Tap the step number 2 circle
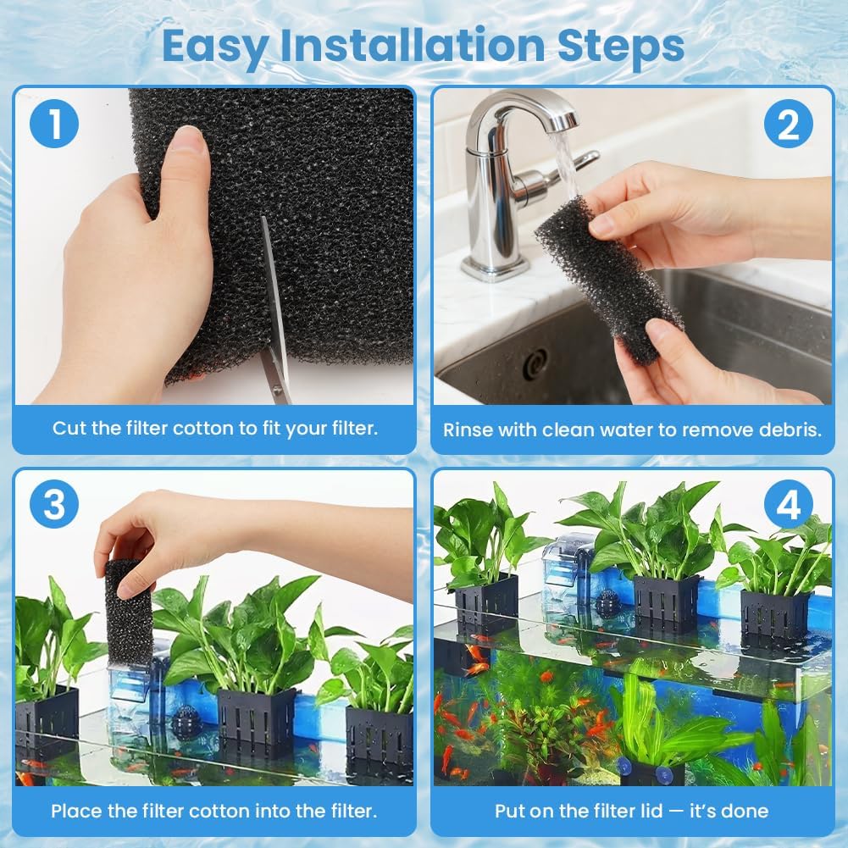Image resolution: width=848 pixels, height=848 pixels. point(788,125)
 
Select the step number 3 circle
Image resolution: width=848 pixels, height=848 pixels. point(54,506)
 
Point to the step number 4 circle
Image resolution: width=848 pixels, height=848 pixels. point(788,506)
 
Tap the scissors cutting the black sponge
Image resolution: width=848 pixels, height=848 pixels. point(274,322)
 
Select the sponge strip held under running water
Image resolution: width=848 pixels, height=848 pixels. point(607,275)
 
